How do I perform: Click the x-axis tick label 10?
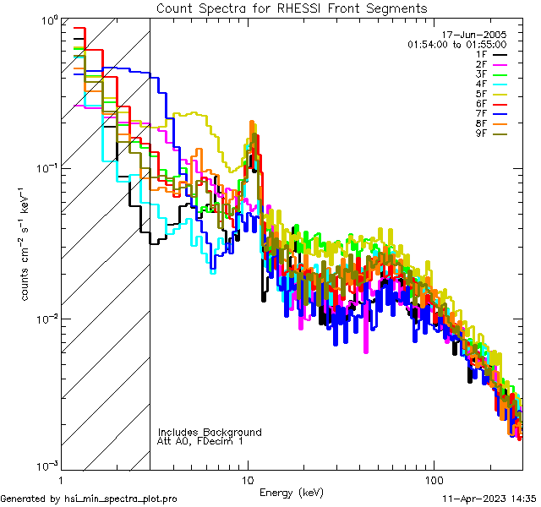coord(247,478)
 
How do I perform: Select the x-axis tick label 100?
coord(433,478)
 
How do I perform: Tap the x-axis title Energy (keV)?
coord(291,492)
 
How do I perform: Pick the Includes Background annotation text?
coord(210,432)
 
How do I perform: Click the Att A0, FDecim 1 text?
coord(200,441)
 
